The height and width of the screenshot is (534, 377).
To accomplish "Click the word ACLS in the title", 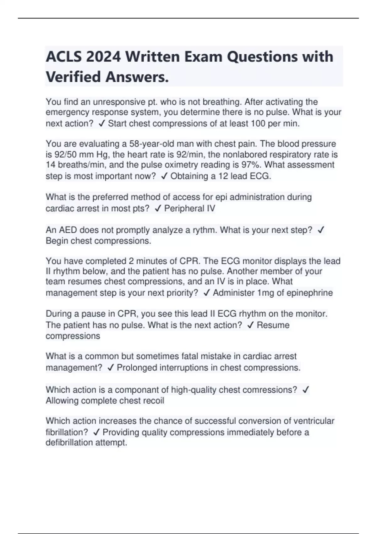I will click(63, 57).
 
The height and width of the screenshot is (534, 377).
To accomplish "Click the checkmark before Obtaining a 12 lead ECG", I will click(164, 176).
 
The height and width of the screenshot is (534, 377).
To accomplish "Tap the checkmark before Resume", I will click(250, 325).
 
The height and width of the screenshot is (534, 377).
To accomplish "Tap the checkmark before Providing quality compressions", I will click(96, 433).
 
